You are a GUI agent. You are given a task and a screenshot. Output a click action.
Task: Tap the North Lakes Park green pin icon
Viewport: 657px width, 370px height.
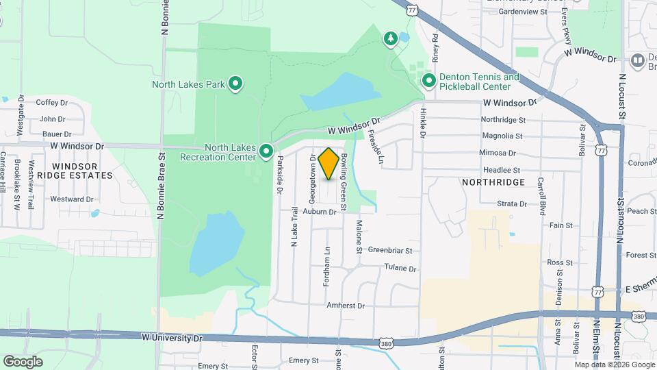click(235, 84)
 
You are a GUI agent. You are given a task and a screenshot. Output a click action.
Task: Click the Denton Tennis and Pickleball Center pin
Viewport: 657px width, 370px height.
click(429, 82)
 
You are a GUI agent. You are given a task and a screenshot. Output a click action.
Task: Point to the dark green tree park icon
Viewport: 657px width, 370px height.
click(390, 38)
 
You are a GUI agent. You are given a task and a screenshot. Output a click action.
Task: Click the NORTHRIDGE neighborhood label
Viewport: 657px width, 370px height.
click(493, 182)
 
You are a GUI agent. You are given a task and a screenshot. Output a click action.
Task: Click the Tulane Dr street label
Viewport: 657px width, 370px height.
click(400, 268)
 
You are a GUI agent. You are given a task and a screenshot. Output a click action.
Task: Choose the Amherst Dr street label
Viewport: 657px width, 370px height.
click(346, 306)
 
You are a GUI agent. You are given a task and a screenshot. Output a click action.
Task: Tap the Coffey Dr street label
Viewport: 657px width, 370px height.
click(52, 103)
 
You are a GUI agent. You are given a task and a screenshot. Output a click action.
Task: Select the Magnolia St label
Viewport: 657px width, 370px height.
click(502, 136)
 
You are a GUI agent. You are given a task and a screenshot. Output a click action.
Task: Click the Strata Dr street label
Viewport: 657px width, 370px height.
click(512, 204)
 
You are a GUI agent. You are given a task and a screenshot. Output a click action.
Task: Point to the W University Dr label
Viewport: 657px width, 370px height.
click(173, 338)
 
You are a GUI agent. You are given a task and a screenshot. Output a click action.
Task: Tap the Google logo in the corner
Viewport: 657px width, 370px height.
click(23, 361)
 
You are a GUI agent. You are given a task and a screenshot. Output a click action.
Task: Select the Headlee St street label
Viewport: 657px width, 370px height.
click(502, 170)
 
